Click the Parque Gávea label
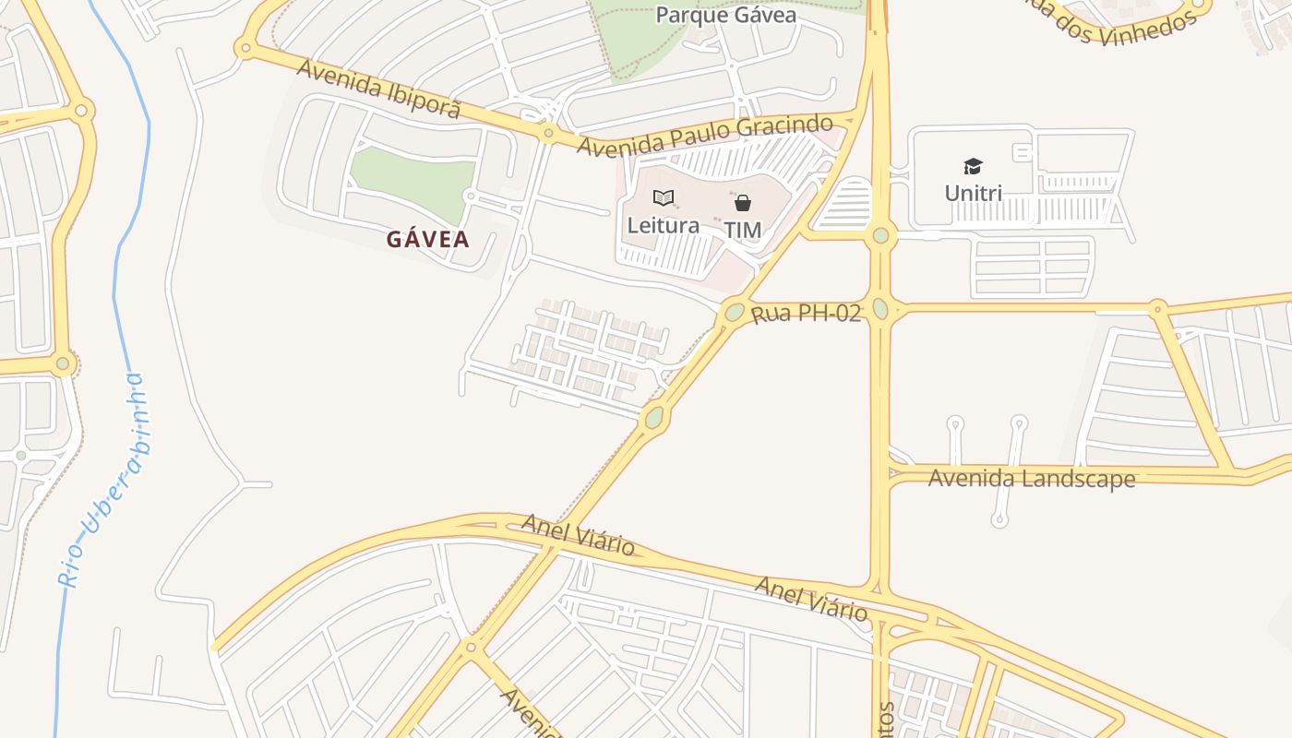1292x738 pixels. (725, 15)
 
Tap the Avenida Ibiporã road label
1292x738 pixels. (378, 89)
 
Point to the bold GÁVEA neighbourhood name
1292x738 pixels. (427, 240)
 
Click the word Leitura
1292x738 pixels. (663, 225)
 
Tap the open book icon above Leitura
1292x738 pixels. (663, 197)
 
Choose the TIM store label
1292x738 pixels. (742, 230)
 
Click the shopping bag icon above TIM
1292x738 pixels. (742, 203)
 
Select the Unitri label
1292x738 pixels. (973, 193)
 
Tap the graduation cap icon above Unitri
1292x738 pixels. (973, 166)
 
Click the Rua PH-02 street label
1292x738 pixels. (806, 314)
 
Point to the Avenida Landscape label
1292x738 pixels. (1031, 478)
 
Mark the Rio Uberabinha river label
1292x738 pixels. (101, 480)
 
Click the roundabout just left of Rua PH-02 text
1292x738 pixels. (735, 312)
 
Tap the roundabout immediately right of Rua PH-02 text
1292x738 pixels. (880, 308)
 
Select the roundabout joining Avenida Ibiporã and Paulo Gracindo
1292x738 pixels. (548, 135)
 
